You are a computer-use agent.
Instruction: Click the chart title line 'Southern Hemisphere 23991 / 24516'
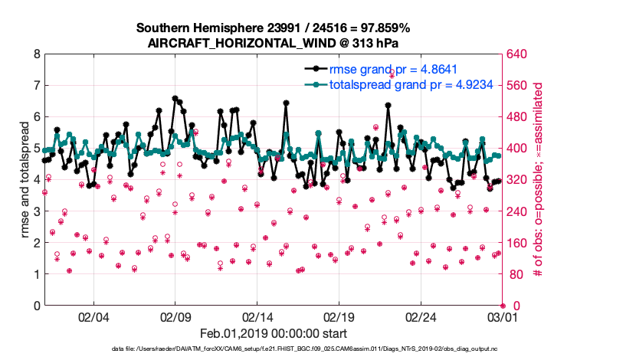click(x=273, y=28)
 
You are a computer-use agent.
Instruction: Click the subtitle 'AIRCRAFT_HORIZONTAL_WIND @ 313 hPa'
click(x=273, y=43)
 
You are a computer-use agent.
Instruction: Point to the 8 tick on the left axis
click(x=36, y=54)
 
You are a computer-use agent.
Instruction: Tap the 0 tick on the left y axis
click(x=36, y=306)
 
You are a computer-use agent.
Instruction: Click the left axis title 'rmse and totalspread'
click(x=24, y=180)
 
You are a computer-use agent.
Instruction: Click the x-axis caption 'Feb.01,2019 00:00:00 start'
click(x=274, y=333)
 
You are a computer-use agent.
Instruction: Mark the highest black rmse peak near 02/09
click(x=175, y=98)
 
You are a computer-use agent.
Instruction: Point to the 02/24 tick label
click(x=421, y=316)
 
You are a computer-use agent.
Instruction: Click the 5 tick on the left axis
click(x=36, y=149)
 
